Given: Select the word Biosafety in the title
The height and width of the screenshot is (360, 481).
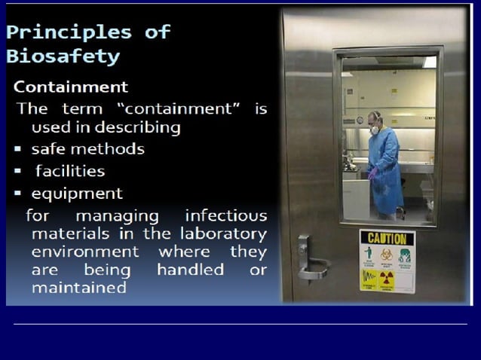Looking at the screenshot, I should [x=63, y=56].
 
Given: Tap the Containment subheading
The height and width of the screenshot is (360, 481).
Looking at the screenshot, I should [x=71, y=87].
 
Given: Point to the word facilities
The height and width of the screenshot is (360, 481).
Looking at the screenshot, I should [x=70, y=171].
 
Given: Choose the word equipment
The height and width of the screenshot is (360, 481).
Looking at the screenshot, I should [x=77, y=193].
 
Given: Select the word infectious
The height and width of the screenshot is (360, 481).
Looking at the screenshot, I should [x=226, y=215].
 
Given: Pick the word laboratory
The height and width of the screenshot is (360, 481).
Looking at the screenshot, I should [x=227, y=233].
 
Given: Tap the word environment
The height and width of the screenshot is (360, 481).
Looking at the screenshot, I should [x=85, y=251].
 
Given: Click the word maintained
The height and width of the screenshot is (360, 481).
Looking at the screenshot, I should [x=78, y=287].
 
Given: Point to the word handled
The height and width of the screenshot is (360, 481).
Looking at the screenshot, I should [x=190, y=269].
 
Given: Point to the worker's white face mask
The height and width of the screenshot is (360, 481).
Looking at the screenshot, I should [x=374, y=130].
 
